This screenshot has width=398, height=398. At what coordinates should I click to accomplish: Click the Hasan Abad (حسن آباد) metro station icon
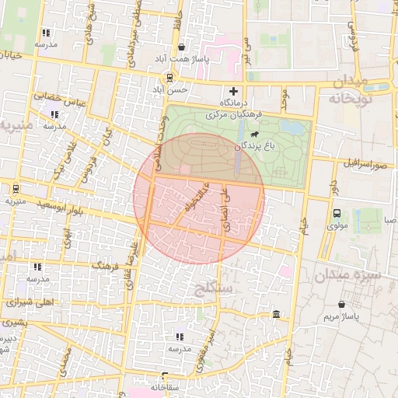point(169,77)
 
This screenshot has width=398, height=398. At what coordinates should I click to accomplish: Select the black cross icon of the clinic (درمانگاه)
point(233,91)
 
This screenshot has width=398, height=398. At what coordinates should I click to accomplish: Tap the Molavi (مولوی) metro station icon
point(337,213)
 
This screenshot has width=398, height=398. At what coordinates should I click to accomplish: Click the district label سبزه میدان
point(346,274)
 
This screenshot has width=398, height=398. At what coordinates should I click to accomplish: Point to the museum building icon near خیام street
point(277,314)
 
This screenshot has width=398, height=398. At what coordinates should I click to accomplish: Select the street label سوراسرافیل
point(362,164)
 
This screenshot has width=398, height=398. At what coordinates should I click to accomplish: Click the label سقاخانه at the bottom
point(165,386)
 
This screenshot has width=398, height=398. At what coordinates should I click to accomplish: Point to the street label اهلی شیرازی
point(28,302)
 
